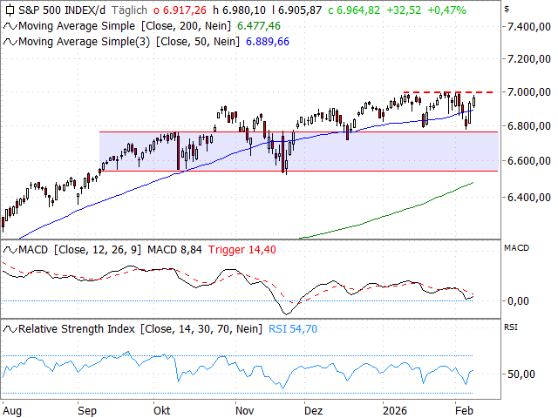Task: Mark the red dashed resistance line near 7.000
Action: click(x=453, y=92)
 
